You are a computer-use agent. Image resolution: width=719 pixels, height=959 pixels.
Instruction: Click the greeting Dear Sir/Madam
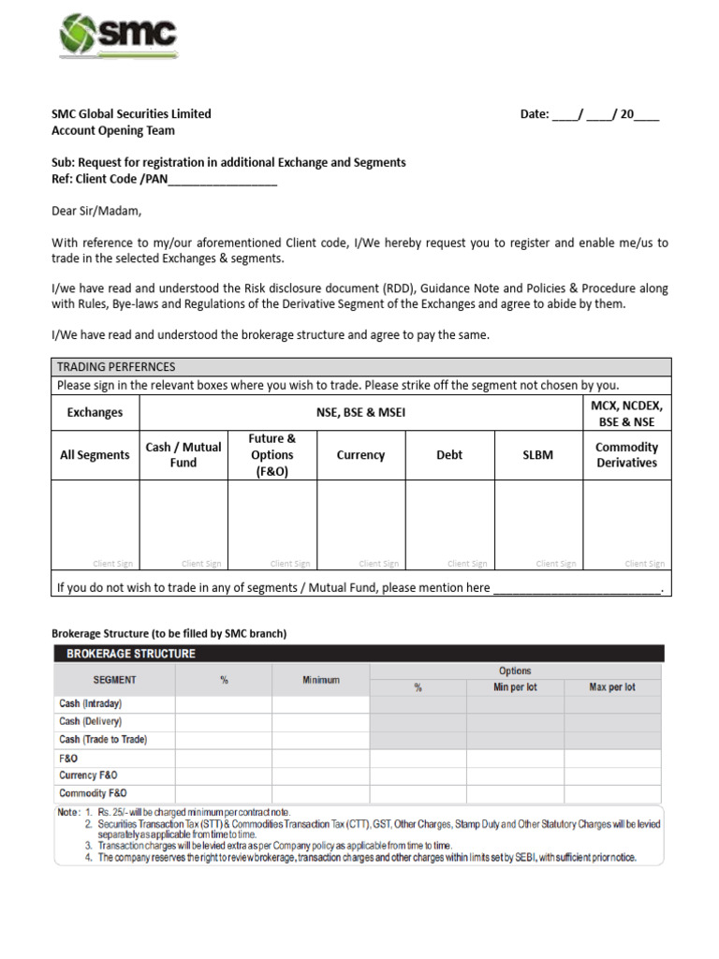(x=96, y=211)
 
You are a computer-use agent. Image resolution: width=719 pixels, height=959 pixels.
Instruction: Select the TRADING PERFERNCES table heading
(x=116, y=367)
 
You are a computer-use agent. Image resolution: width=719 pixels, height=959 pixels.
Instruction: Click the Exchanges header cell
(x=95, y=412)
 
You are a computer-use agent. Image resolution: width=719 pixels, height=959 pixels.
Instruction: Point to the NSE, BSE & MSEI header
(x=360, y=412)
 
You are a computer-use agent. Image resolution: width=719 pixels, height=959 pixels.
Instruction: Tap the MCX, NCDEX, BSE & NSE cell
(x=626, y=412)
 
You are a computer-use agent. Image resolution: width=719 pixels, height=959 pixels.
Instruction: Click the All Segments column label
(x=95, y=455)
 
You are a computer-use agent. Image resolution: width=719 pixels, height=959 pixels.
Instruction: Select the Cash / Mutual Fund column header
(x=183, y=455)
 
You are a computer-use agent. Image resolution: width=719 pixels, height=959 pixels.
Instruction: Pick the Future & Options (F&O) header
(x=272, y=455)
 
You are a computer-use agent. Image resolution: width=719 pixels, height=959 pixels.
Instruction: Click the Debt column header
(x=449, y=455)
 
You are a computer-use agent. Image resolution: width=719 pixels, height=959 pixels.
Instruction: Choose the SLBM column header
(x=537, y=455)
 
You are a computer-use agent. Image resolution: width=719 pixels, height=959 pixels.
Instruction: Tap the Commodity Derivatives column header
(x=626, y=455)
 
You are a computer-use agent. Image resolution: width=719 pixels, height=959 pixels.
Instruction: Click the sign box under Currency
(x=360, y=524)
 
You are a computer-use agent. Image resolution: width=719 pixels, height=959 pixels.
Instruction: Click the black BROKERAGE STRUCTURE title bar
(x=359, y=654)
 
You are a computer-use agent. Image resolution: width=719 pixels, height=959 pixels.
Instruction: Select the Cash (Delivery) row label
(x=91, y=722)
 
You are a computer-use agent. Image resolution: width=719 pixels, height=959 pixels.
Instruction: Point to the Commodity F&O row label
(x=93, y=793)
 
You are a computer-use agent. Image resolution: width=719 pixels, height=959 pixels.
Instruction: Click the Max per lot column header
(x=612, y=687)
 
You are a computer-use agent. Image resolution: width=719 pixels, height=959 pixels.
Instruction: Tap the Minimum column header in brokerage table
(x=321, y=680)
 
